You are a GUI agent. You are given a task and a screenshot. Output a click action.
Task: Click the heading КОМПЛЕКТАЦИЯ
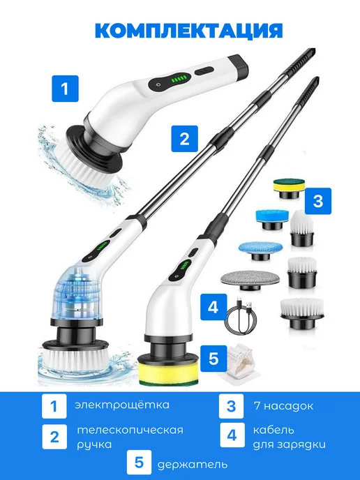(188, 30)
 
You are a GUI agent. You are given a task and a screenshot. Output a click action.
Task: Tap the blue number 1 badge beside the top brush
(65, 89)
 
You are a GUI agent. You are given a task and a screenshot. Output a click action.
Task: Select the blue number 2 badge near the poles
(184, 139)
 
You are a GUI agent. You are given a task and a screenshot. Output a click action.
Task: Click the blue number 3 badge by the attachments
(318, 201)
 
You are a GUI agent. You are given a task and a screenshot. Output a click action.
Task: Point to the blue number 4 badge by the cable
(213, 307)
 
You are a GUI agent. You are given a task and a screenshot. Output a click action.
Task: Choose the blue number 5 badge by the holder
(213, 358)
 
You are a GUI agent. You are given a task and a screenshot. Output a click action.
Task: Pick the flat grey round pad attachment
(250, 280)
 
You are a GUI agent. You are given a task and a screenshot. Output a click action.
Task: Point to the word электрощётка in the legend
(122, 405)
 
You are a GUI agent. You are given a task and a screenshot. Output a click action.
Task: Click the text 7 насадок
(283, 406)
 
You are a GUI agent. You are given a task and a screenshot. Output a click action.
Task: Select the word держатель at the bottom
(193, 465)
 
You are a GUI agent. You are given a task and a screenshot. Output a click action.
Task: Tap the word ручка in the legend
(94, 444)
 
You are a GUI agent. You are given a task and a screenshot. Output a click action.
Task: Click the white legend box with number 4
(232, 435)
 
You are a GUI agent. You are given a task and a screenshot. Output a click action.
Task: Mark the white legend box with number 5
(140, 463)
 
